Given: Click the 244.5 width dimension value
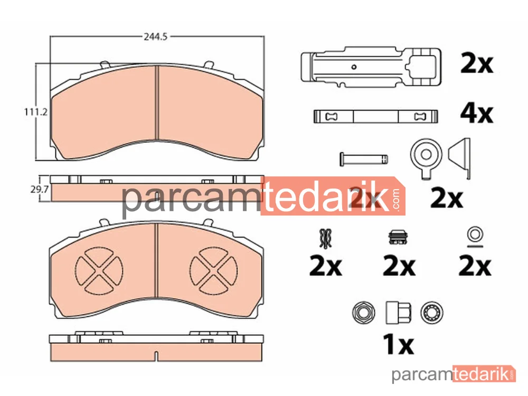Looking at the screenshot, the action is point(156,36).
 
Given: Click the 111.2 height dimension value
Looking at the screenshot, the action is point(36,111).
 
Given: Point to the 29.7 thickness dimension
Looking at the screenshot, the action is point(40,189).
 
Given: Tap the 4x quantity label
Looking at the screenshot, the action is point(476,114).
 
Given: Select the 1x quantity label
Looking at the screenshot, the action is point(398,344).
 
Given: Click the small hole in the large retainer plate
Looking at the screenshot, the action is point(354,67).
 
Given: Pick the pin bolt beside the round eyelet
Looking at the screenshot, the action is point(364,159).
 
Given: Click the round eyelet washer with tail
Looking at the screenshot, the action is point(426,157).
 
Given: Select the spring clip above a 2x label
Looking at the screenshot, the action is point(326,238).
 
